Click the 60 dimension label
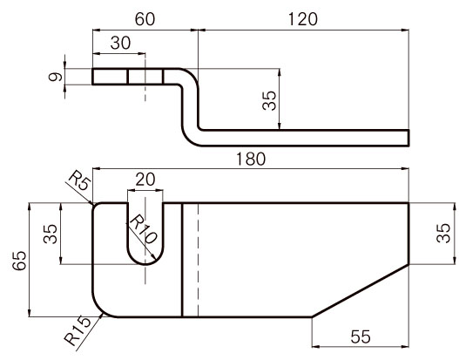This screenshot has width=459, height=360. click(x=145, y=19)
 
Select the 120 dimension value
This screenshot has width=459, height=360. click(x=303, y=19)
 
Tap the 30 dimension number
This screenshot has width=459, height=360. click(x=120, y=43)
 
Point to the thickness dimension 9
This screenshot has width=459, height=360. click(x=56, y=77)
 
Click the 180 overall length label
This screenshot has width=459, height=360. click(x=251, y=159)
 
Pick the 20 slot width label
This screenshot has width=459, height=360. click(x=145, y=180)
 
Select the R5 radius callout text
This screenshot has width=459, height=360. click(x=79, y=181)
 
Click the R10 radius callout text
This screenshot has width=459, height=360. click(x=143, y=229)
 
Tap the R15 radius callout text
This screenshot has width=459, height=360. click(x=78, y=330)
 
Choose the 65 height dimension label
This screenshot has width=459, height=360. click(x=20, y=261)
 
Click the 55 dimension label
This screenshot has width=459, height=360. click(x=361, y=336)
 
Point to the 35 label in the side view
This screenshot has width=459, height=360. click(x=269, y=100)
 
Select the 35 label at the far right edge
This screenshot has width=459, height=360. click(x=443, y=233)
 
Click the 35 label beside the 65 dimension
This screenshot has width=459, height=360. click(x=51, y=234)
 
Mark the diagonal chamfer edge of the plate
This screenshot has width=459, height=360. click(x=361, y=290)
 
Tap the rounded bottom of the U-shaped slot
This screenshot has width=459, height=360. click(x=145, y=264)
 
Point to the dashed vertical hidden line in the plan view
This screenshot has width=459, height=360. click(x=199, y=260)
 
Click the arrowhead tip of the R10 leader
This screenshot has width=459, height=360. click(x=155, y=261)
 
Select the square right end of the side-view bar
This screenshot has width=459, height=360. click(x=408, y=138)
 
